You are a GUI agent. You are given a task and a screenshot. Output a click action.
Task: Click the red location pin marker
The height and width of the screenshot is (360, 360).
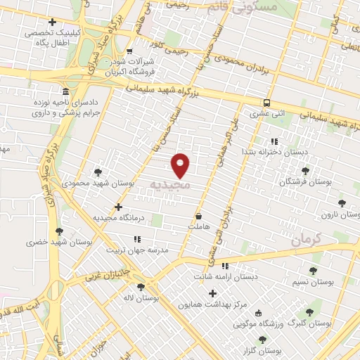pyautogui.click(x=181, y=165)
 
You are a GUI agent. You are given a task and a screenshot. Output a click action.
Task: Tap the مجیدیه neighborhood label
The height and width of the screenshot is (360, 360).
pyautogui.click(x=170, y=184)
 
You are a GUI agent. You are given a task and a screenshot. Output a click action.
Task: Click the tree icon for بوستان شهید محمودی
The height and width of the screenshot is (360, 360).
pyautogui.click(x=98, y=172)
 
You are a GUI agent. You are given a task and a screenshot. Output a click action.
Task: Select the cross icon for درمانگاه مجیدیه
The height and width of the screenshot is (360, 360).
pyautogui.click(x=118, y=207)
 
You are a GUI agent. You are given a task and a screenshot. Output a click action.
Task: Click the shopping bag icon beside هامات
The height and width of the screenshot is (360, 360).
pyautogui.click(x=199, y=217)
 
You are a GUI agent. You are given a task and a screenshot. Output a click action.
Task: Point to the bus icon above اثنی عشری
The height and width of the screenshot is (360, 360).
pyautogui.click(x=266, y=101)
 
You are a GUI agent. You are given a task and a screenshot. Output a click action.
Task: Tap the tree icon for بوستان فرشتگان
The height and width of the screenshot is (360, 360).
pyautogui.click(x=304, y=171)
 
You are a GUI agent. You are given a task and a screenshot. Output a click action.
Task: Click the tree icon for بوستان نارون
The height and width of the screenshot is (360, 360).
pyautogui.click(x=342, y=203)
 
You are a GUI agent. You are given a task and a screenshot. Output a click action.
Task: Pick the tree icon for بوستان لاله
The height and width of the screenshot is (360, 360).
pyautogui.click(x=141, y=287)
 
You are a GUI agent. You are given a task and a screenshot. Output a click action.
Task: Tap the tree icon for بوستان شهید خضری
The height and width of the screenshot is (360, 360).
pyautogui.click(x=59, y=231)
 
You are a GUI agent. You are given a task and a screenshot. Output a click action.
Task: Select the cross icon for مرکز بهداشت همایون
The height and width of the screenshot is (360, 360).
pyautogui.click(x=212, y=292)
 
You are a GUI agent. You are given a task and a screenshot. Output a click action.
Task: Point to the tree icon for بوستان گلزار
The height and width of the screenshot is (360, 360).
pyautogui.click(x=262, y=340)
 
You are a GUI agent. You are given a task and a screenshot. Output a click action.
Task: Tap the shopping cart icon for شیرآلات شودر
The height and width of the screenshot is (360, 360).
pyautogui.click(x=130, y=51)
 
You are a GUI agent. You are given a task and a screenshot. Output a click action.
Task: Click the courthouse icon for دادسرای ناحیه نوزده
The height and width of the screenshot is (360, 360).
pyautogui.click(x=65, y=92)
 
